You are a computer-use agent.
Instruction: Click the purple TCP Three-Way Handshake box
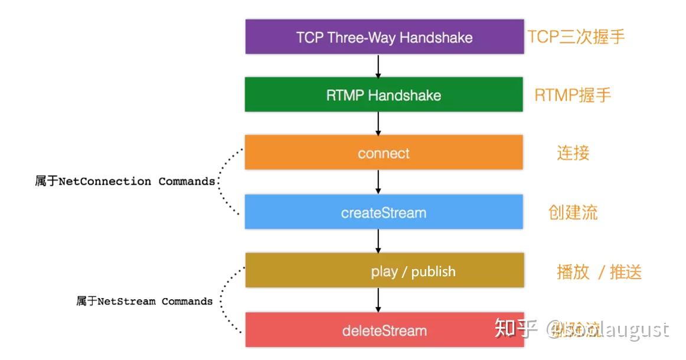pyautogui.click(x=384, y=37)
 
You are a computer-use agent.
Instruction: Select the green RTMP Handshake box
pyautogui.click(x=384, y=94)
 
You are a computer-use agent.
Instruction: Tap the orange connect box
pyautogui.click(x=384, y=153)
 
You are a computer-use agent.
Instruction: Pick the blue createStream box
pyautogui.click(x=384, y=212)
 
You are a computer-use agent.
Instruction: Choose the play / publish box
pyautogui.click(x=384, y=270)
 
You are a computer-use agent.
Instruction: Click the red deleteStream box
pyautogui.click(x=384, y=330)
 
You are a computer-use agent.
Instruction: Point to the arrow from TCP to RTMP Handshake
pyautogui.click(x=378, y=66)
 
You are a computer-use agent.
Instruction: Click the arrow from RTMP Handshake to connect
pyautogui.click(x=378, y=123)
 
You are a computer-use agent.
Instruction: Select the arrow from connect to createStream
pyautogui.click(x=378, y=182)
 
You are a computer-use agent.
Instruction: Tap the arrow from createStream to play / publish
pyautogui.click(x=378, y=241)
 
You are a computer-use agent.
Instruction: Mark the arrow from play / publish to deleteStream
pyautogui.click(x=378, y=300)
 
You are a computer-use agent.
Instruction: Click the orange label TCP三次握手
pyautogui.click(x=576, y=37)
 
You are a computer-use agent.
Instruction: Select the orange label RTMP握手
pyautogui.click(x=572, y=95)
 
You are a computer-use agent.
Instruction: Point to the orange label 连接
pyautogui.click(x=573, y=153)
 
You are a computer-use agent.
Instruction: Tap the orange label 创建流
pyautogui.click(x=573, y=212)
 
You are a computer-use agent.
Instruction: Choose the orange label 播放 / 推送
pyautogui.click(x=599, y=271)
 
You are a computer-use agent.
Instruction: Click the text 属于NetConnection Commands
pyautogui.click(x=125, y=181)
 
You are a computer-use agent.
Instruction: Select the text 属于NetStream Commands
pyautogui.click(x=144, y=301)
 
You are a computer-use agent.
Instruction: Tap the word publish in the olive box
pyautogui.click(x=433, y=271)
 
